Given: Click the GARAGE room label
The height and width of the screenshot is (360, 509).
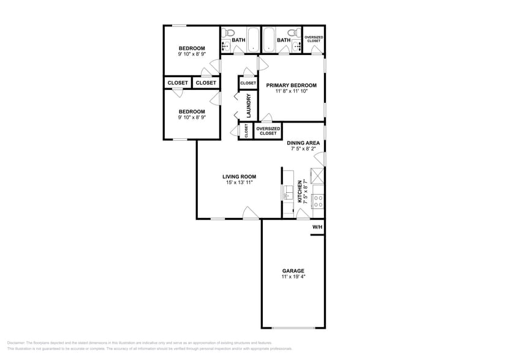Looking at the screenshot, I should coord(293,271).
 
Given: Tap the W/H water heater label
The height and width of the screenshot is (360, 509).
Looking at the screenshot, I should coord(317,227).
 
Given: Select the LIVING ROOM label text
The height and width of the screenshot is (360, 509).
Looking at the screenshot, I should coord(239,176).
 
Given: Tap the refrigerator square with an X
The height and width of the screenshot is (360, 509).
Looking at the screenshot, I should coord(317,175).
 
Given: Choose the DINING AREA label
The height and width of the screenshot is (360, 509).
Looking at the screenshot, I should coord(303,143).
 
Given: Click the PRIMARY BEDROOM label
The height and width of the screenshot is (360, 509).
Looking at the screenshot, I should coord(291,85).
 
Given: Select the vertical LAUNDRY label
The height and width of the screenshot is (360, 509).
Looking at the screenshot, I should coord(249,105).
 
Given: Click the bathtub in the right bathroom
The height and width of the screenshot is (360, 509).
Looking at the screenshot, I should coord(270,40).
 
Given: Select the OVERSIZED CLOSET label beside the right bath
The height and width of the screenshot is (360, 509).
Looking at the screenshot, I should coord(314,39).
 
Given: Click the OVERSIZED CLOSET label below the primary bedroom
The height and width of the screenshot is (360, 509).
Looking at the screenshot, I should coord(268,131).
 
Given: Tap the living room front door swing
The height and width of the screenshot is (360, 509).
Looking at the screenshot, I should coord(249,212).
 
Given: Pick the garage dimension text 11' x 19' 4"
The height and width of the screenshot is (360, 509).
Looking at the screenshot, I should coord(293,277).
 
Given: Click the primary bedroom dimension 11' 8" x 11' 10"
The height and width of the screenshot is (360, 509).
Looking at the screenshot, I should coord(291,91).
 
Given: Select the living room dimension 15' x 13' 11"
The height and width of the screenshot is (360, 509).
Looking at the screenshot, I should coord(239,182).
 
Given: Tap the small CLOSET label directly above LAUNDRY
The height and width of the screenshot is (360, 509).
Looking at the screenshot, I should coord(248,83).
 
